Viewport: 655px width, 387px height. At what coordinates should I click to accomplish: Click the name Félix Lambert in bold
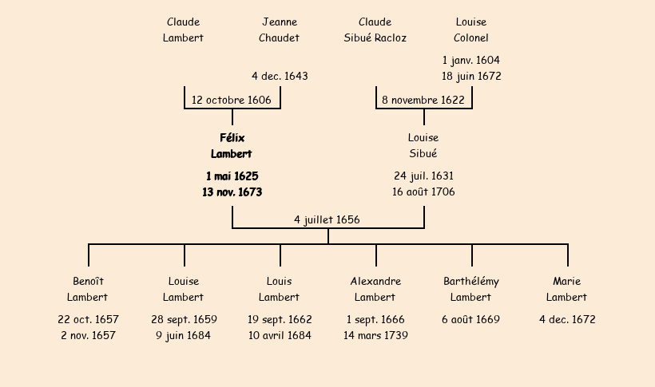point(232,146)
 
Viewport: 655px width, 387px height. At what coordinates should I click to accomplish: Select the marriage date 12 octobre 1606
point(232,100)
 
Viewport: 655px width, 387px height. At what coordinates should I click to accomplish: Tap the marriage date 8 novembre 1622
point(423,100)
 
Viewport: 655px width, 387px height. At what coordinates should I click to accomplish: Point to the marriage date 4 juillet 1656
point(327,219)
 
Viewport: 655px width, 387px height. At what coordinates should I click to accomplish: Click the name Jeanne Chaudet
point(280,30)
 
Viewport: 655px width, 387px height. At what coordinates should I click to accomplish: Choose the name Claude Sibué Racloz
point(375,30)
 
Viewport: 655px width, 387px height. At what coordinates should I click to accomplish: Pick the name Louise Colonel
point(471,30)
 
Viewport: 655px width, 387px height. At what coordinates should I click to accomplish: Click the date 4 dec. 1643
point(280,76)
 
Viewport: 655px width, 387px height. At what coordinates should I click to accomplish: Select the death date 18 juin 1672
point(471,76)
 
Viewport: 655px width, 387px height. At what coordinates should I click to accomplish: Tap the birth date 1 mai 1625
point(232,176)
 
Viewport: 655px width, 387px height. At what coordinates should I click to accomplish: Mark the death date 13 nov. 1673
point(232,192)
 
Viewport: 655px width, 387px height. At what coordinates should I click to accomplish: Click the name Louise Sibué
point(423,146)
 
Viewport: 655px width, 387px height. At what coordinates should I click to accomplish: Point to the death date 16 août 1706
point(423,192)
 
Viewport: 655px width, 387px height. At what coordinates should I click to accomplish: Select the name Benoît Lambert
point(88,289)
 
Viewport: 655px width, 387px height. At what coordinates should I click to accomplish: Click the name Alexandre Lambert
point(375,289)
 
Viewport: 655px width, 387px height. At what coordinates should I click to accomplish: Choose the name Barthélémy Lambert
point(471,289)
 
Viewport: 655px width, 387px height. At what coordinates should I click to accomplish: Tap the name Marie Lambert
point(567,289)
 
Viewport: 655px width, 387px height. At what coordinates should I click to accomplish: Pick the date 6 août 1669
point(471,319)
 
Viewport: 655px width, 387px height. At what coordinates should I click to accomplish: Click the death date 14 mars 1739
point(375,335)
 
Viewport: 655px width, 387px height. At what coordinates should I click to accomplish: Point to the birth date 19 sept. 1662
point(280,319)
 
